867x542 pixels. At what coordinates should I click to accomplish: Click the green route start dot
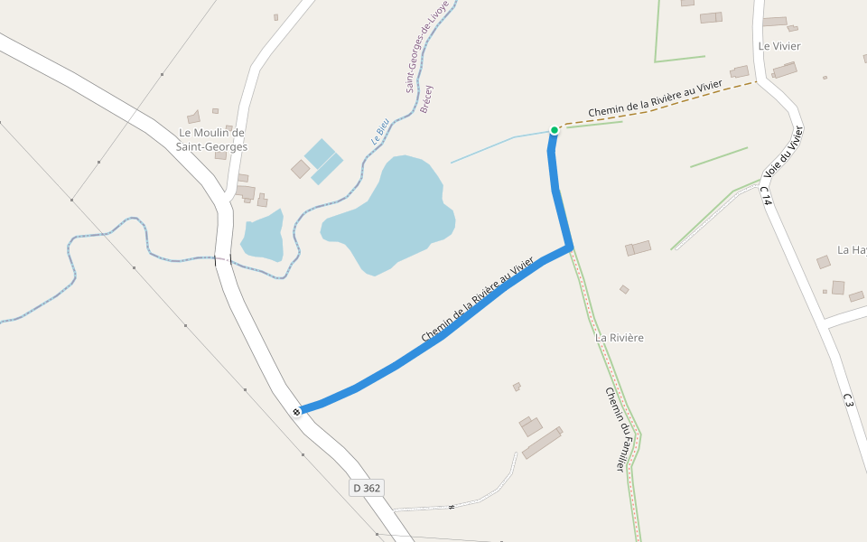point(555,130)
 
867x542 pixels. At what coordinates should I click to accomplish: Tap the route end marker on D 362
point(296,412)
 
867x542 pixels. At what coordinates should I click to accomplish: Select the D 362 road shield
point(367,488)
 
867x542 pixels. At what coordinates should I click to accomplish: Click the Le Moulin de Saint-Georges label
point(211,139)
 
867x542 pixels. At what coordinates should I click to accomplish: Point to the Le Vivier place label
point(779,46)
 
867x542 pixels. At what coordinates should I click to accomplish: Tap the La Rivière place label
point(620,338)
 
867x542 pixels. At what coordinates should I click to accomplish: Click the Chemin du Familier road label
point(615,429)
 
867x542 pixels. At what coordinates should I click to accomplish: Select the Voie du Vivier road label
point(783,151)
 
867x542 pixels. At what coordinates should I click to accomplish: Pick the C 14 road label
point(766,196)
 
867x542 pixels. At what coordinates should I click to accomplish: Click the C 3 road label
point(847,400)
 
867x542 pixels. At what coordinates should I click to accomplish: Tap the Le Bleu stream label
point(380,134)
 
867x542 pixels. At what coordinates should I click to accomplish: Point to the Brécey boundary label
point(426,98)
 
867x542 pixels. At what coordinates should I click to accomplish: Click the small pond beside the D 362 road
point(263,237)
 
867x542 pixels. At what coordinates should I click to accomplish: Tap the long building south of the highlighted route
point(542,444)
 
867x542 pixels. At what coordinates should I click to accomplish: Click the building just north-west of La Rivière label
point(638,248)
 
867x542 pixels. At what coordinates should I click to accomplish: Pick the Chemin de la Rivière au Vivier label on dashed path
point(655,98)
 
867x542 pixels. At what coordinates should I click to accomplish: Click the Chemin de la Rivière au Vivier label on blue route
point(479,298)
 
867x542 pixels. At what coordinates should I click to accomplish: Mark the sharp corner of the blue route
point(569,247)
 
